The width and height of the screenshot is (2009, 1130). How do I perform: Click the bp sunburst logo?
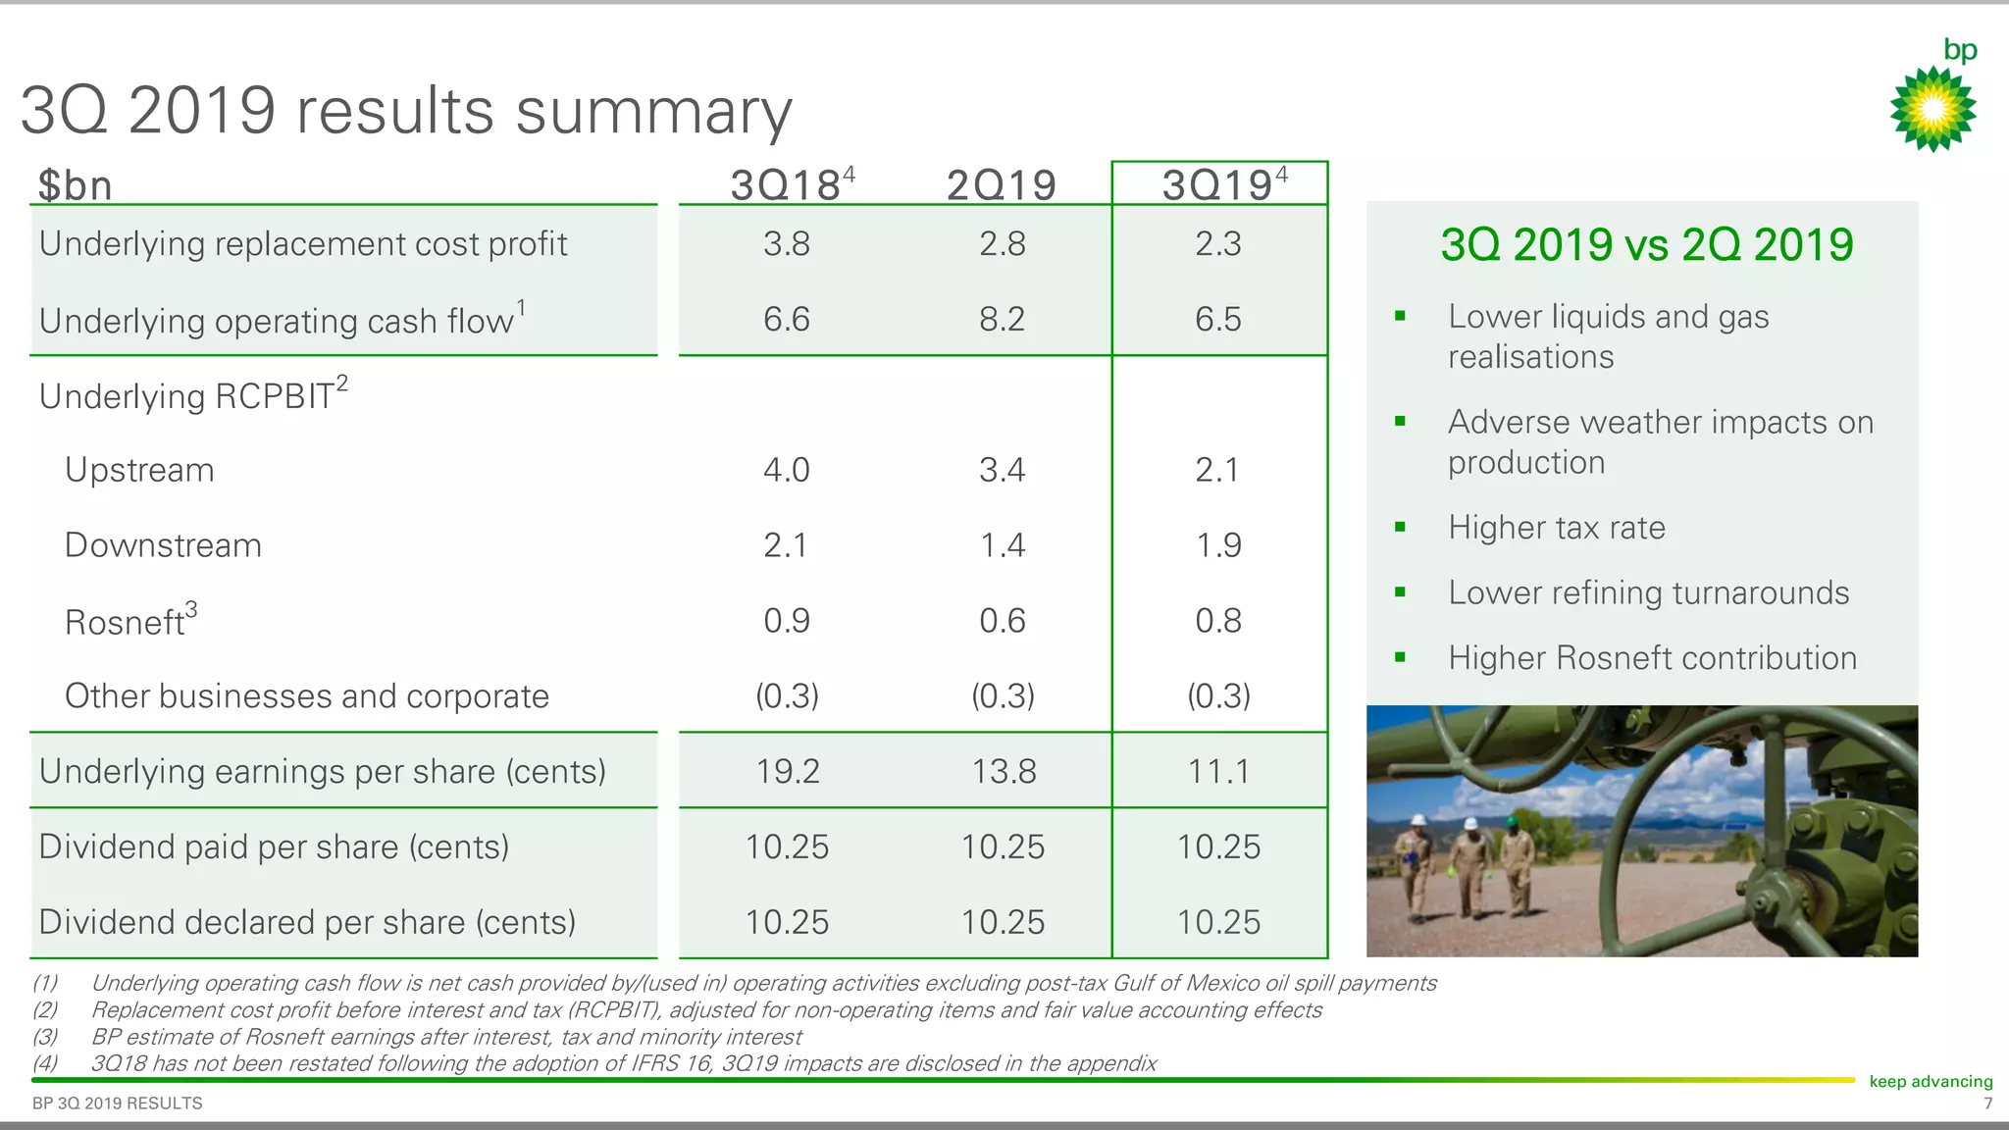(x=1932, y=108)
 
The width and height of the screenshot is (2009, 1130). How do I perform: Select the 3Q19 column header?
(x=1218, y=184)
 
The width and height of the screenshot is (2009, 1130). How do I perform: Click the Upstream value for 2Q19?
(x=1002, y=470)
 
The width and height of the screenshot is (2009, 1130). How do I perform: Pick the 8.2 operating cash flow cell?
(x=1002, y=319)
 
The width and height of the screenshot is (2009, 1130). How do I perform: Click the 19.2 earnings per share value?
(x=787, y=771)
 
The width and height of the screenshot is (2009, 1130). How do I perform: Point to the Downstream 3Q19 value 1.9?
(x=1218, y=545)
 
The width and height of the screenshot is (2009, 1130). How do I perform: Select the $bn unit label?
(x=75, y=185)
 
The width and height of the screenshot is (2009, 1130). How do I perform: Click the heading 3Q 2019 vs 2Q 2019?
(x=1646, y=244)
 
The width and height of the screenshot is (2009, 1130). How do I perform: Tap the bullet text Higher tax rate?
(x=1556, y=528)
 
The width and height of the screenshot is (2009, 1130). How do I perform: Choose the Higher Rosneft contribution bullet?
(x=1652, y=658)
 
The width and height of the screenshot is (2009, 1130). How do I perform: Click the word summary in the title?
(x=653, y=111)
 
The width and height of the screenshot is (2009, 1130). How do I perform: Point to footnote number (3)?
(x=45, y=1037)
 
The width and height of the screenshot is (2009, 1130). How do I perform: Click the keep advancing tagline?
(x=1930, y=1081)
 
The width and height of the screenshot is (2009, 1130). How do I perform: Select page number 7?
(x=1987, y=1104)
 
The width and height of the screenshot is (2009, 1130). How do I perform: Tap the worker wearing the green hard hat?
(x=1516, y=858)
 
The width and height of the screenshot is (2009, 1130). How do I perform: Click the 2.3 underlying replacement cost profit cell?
(x=1218, y=243)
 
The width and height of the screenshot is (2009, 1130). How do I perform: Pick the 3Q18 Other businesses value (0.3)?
(x=787, y=696)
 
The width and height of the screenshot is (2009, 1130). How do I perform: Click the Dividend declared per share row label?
(x=307, y=922)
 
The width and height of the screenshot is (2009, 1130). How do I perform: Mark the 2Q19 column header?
(x=1002, y=184)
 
